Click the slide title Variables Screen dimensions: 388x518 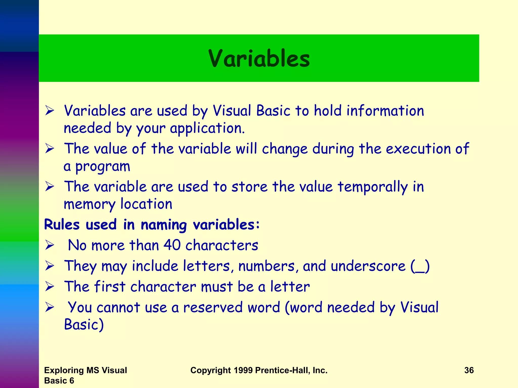point(259,59)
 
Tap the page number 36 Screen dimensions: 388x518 point(469,370)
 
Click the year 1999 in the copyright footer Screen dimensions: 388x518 point(243,370)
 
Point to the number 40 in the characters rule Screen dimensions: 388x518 point(172,245)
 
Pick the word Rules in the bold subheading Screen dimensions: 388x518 point(62,225)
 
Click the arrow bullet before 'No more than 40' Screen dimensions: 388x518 point(50,245)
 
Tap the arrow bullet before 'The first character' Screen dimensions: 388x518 point(50,286)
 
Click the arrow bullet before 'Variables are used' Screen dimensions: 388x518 point(50,111)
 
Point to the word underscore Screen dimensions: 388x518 point(368,266)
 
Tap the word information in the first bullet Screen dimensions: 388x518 point(385,111)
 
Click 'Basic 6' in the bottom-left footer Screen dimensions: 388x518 point(59,381)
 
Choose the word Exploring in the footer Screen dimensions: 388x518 point(64,370)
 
